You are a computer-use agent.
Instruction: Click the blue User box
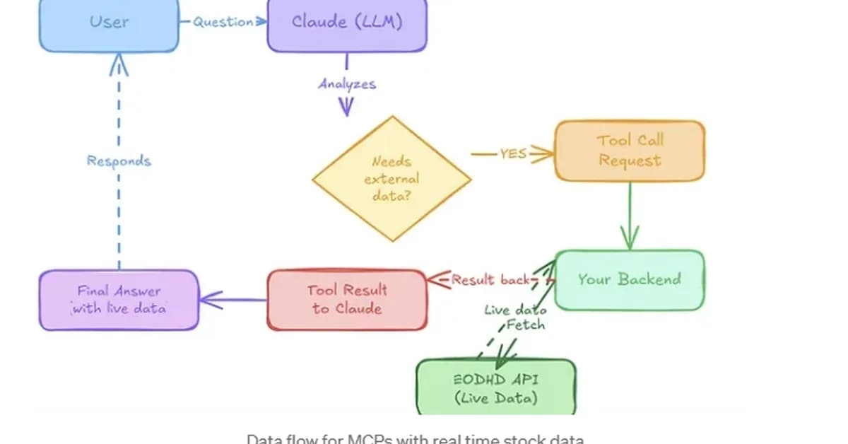[109, 24]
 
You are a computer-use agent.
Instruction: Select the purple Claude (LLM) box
[346, 24]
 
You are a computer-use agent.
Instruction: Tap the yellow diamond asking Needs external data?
[391, 179]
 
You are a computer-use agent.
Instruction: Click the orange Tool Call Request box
[629, 151]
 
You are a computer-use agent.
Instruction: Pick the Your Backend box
[629, 279]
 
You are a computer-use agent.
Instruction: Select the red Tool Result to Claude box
[346, 299]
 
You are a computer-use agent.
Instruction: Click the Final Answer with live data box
[118, 299]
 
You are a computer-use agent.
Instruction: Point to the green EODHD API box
[495, 387]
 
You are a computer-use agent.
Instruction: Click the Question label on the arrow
[223, 22]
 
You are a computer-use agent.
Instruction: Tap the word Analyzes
[346, 84]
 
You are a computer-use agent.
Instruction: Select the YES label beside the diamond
[513, 153]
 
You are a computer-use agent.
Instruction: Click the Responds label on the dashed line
[119, 160]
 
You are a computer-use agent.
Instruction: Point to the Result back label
[490, 280]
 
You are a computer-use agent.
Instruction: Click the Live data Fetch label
[516, 317]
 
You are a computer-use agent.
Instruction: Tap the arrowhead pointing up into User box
[119, 65]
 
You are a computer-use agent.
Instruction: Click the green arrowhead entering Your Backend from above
[629, 238]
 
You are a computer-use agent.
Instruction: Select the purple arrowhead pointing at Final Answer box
[209, 300]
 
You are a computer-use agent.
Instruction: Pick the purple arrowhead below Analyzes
[346, 107]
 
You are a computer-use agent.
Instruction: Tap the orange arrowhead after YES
[543, 153]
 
